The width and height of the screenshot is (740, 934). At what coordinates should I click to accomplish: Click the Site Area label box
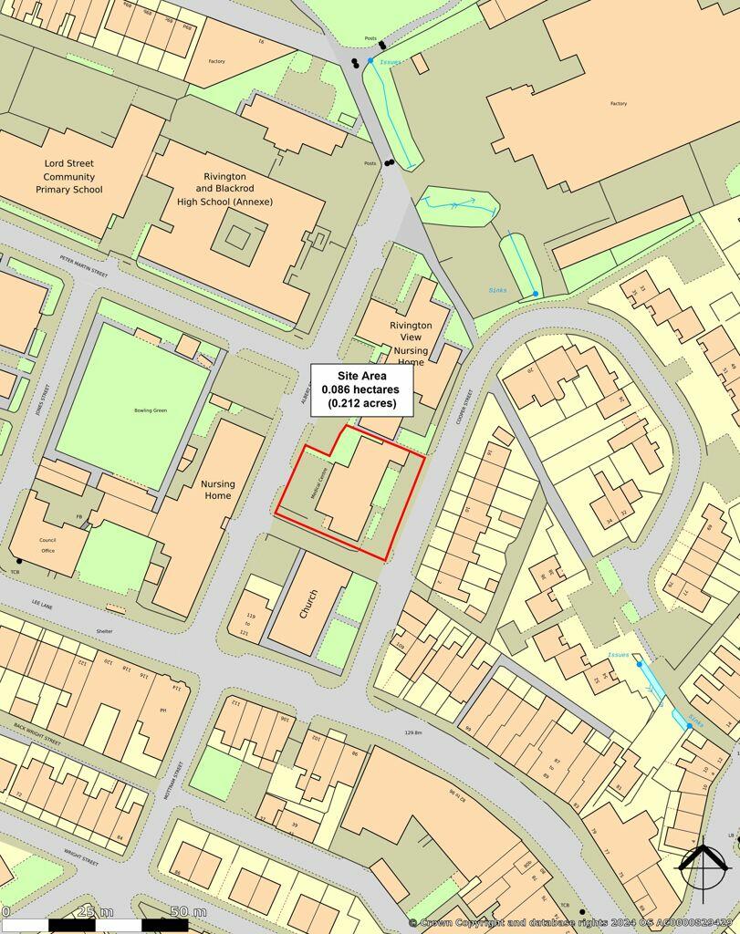pyautogui.click(x=363, y=389)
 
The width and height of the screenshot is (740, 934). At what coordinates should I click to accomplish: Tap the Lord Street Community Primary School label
pyautogui.click(x=69, y=177)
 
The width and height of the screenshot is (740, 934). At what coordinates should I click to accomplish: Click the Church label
pyautogui.click(x=307, y=603)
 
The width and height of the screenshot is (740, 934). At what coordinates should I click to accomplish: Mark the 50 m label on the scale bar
pyautogui.click(x=188, y=911)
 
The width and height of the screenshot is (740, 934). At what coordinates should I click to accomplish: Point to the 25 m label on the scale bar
pyautogui.click(x=95, y=911)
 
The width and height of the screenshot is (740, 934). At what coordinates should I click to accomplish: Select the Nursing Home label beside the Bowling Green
pyautogui.click(x=217, y=490)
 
